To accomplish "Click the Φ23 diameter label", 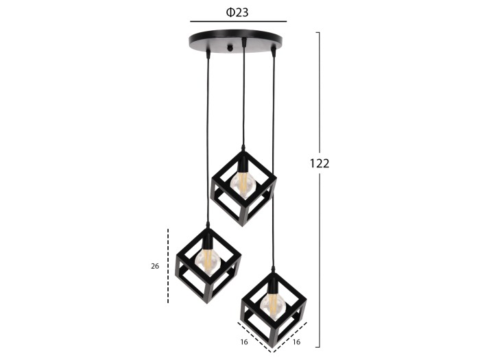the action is click(237, 12).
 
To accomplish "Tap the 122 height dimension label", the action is click(320, 163).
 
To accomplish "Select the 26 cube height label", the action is click(155, 266).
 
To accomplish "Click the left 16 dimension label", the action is click(244, 342).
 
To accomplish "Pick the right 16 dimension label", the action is click(296, 342).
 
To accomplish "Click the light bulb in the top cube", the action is click(243, 184).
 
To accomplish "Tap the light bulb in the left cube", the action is click(208, 261).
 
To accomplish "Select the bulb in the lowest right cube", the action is click(274, 305).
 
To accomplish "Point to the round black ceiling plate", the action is click(235, 40).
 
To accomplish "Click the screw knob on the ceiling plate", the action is click(230, 48).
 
